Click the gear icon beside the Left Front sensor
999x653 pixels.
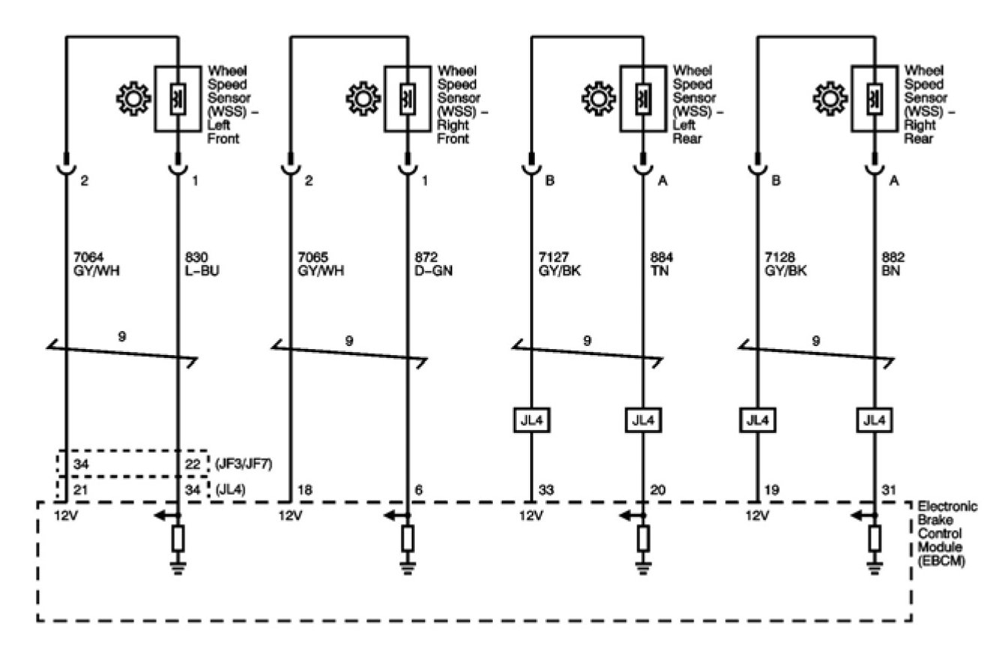coord(133,98)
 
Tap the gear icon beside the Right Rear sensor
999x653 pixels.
coord(830,98)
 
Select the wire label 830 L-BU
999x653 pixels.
coord(202,263)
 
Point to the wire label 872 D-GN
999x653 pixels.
coord(433,263)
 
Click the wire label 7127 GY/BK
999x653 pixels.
coord(559,263)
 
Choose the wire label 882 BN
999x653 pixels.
coord(892,263)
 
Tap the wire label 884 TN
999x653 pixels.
coord(661,263)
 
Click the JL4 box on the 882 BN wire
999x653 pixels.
coord(874,420)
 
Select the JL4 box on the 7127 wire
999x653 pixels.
coord(532,420)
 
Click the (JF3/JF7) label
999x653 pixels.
coord(244,464)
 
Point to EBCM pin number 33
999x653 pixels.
coord(546,490)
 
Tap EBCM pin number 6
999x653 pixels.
coord(418,490)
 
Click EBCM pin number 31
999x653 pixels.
coord(889,490)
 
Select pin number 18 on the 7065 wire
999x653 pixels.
coord(304,490)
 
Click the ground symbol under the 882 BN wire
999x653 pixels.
coord(874,569)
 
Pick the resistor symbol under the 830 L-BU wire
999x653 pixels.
coord(178,538)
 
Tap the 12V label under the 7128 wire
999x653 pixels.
coord(757,516)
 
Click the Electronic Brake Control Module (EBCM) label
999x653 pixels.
coord(946,534)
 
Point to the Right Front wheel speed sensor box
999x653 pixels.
coord(408,98)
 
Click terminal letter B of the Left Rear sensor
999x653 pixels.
coord(550,181)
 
